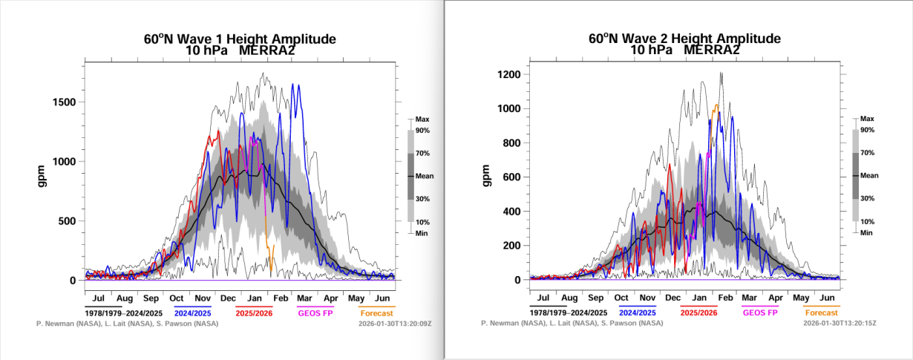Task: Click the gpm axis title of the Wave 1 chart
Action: (44, 176)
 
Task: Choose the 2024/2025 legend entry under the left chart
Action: (193, 312)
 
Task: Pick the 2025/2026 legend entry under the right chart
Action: (698, 312)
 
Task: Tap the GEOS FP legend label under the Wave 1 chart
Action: (315, 312)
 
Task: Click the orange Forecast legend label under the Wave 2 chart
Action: (821, 312)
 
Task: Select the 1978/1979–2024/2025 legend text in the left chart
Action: (124, 312)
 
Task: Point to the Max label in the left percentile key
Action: (422, 119)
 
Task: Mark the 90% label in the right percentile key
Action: (868, 131)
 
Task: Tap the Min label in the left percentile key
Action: (422, 233)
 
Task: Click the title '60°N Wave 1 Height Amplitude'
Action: (240, 39)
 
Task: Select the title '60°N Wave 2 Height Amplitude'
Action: (684, 39)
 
